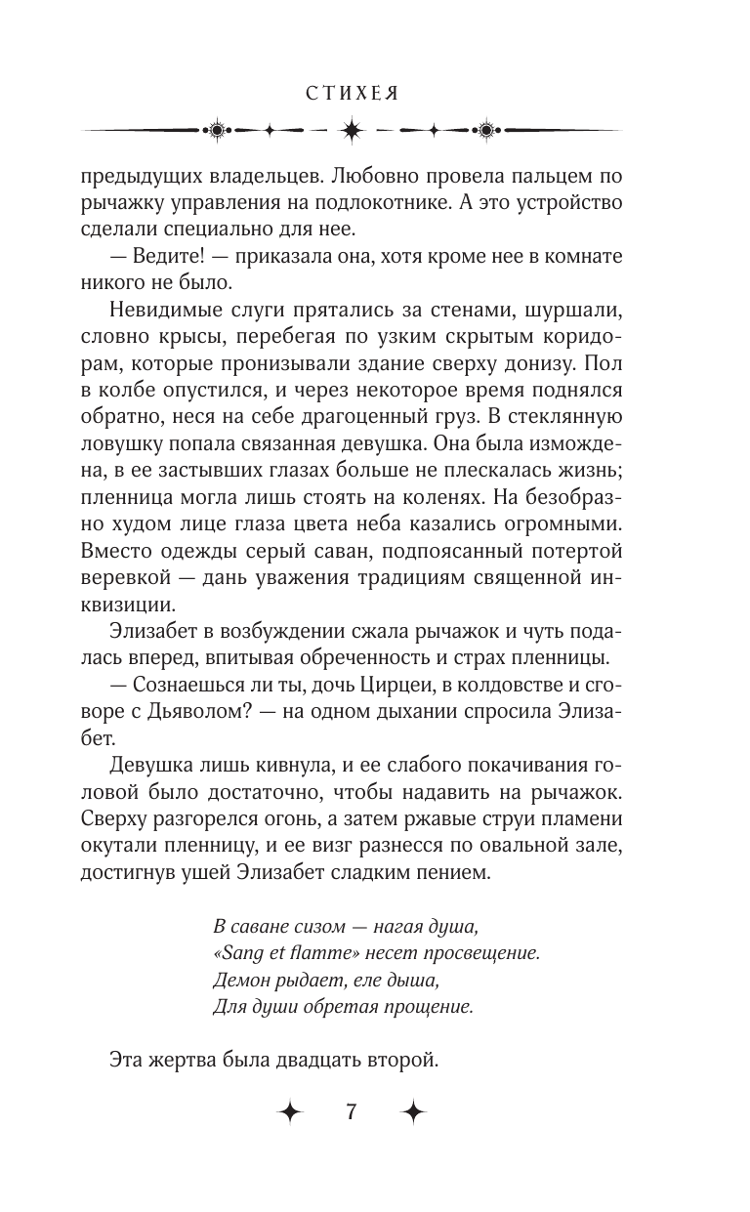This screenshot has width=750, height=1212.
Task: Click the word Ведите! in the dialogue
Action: click(165, 257)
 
